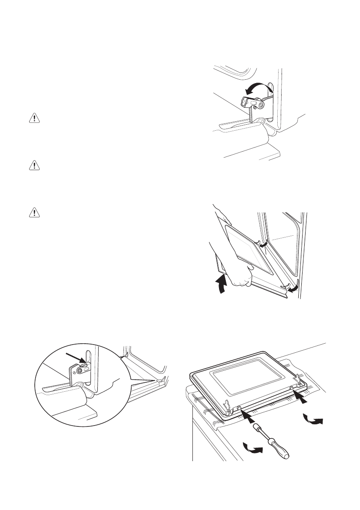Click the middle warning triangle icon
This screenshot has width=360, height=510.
coord(33,165)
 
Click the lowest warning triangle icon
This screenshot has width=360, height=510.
coord(33,212)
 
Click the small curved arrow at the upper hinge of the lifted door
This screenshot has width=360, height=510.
coord(264,243)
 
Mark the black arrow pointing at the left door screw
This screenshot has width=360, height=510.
coord(248,414)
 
